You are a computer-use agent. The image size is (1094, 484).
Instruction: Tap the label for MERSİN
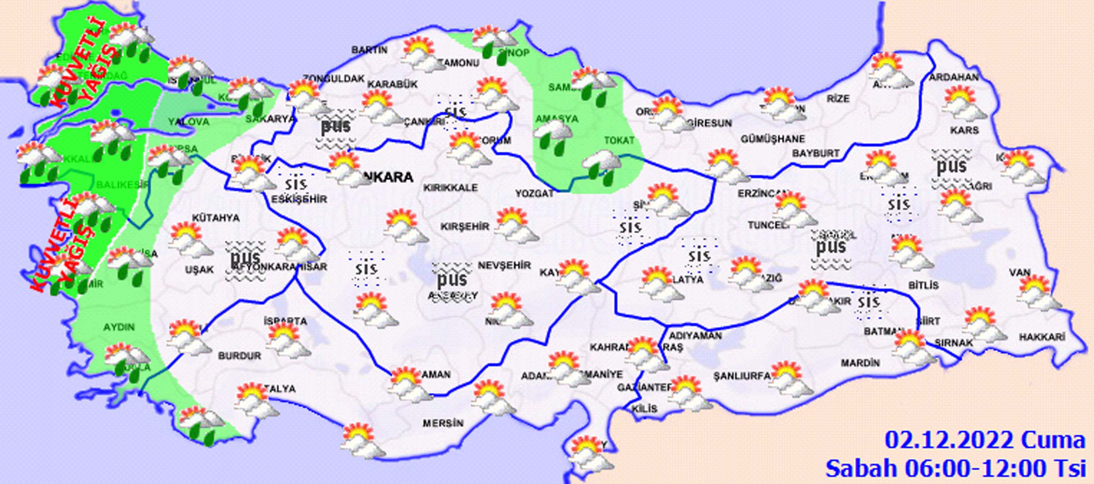coord(443,423)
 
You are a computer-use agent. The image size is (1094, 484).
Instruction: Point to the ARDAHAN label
coord(954,77)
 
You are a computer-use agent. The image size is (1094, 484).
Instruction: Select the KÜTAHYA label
coord(216,218)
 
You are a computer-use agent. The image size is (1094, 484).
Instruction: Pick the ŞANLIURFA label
coord(741,376)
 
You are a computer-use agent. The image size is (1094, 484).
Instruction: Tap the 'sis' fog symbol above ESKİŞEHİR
coord(296,183)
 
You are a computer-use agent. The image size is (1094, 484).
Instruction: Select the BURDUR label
coord(240,356)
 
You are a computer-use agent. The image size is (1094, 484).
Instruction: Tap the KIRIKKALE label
coord(450,187)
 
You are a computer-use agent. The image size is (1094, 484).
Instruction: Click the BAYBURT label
coord(816,153)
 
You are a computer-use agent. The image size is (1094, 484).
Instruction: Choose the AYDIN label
coord(119,327)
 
